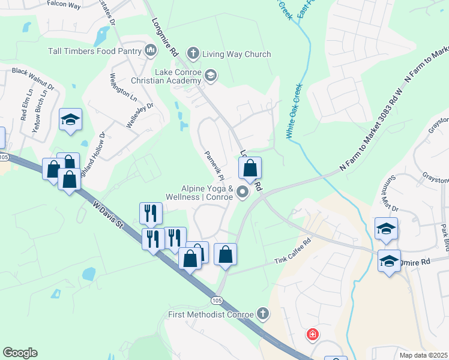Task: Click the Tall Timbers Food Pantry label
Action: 95,51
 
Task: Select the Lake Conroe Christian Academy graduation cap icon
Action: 210,76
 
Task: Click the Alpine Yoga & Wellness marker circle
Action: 243,192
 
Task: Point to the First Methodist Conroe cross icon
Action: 262,313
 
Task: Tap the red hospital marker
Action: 312,334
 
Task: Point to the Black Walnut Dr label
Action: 33,79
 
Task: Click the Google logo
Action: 20,353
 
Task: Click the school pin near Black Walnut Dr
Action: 70,119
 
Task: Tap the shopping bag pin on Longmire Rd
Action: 250,169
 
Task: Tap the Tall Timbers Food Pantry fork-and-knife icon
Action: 150,51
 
